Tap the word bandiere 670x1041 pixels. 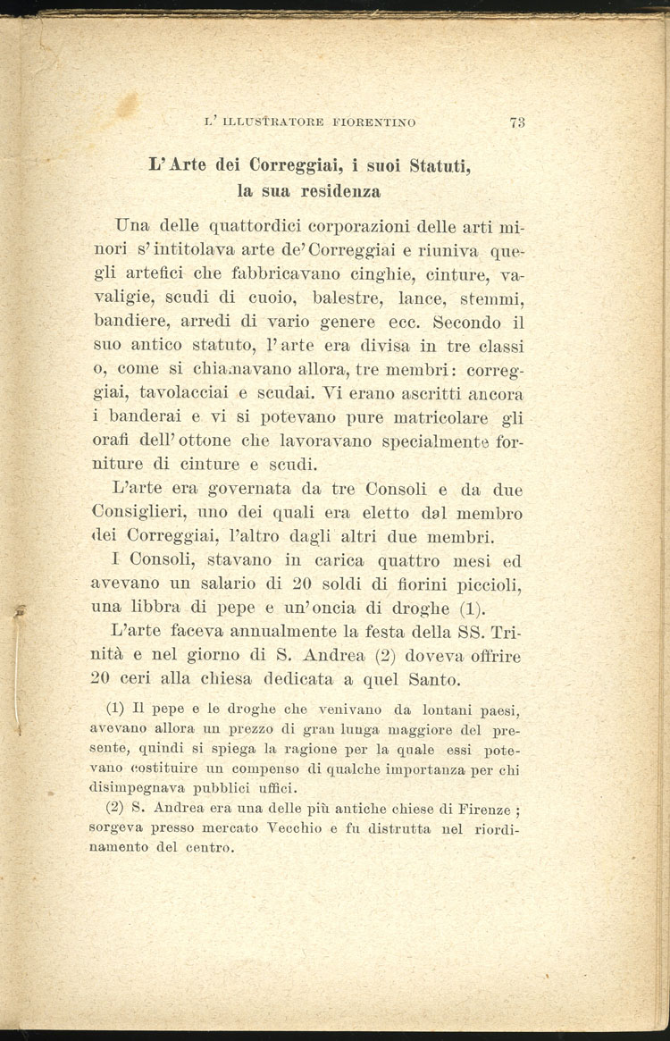click(129, 317)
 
